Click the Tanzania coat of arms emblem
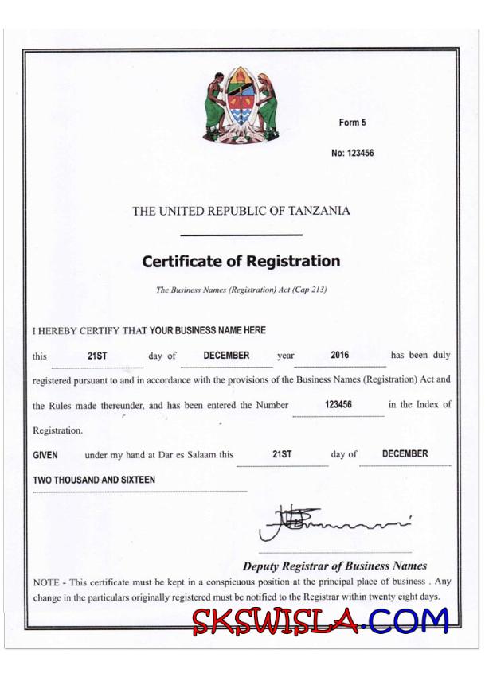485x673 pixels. (242, 104)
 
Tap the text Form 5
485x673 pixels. (352, 123)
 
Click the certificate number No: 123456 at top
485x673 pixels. (352, 153)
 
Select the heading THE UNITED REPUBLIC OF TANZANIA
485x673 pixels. (241, 211)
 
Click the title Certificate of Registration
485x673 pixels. (241, 261)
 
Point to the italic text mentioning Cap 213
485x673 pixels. (241, 290)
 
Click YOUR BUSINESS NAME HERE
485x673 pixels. (208, 330)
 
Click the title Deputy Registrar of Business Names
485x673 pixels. (334, 566)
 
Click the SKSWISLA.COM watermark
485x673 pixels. (320, 620)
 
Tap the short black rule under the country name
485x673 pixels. (241, 235)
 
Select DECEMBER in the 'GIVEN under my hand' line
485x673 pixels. (405, 454)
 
